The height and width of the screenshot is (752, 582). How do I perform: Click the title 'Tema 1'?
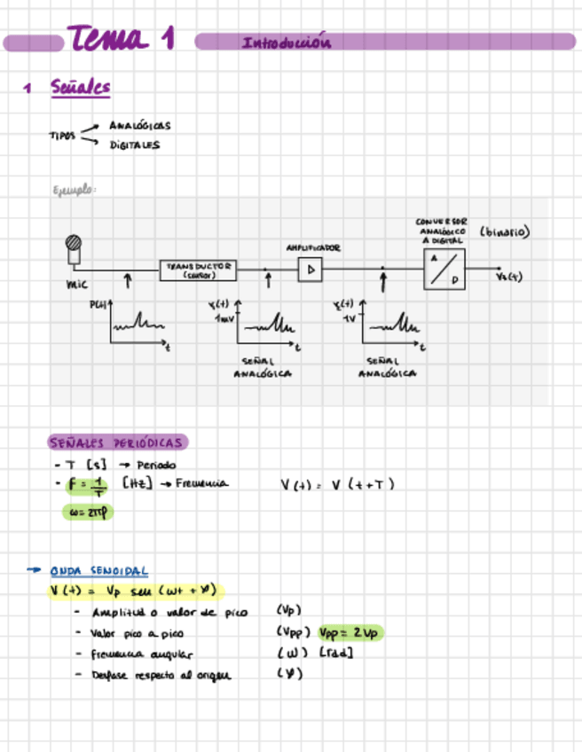(x=120, y=40)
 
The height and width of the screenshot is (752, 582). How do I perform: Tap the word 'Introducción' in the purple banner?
(x=286, y=43)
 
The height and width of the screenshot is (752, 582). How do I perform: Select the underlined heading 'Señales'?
(x=81, y=87)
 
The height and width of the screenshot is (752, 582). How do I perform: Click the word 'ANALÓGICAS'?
(x=140, y=126)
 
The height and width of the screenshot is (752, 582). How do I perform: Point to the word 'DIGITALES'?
(x=135, y=145)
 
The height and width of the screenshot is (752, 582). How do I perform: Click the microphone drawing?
(x=73, y=247)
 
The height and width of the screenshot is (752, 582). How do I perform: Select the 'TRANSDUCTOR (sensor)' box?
(x=199, y=270)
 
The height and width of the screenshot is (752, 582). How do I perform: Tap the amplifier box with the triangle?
(x=311, y=270)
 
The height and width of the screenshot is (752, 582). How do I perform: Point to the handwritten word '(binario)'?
(x=504, y=232)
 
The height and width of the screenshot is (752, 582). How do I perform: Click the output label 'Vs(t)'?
(x=509, y=277)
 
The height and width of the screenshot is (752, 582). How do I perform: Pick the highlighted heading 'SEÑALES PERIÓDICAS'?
(x=116, y=443)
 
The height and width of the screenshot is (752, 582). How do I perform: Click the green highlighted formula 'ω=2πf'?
(x=87, y=512)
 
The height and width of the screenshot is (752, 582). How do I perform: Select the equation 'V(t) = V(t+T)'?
(x=337, y=484)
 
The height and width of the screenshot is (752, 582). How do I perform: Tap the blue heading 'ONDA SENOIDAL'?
(x=98, y=571)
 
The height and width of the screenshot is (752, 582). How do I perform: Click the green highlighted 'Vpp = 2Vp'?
(x=350, y=633)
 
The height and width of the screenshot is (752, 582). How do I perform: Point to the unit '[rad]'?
(x=340, y=654)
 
